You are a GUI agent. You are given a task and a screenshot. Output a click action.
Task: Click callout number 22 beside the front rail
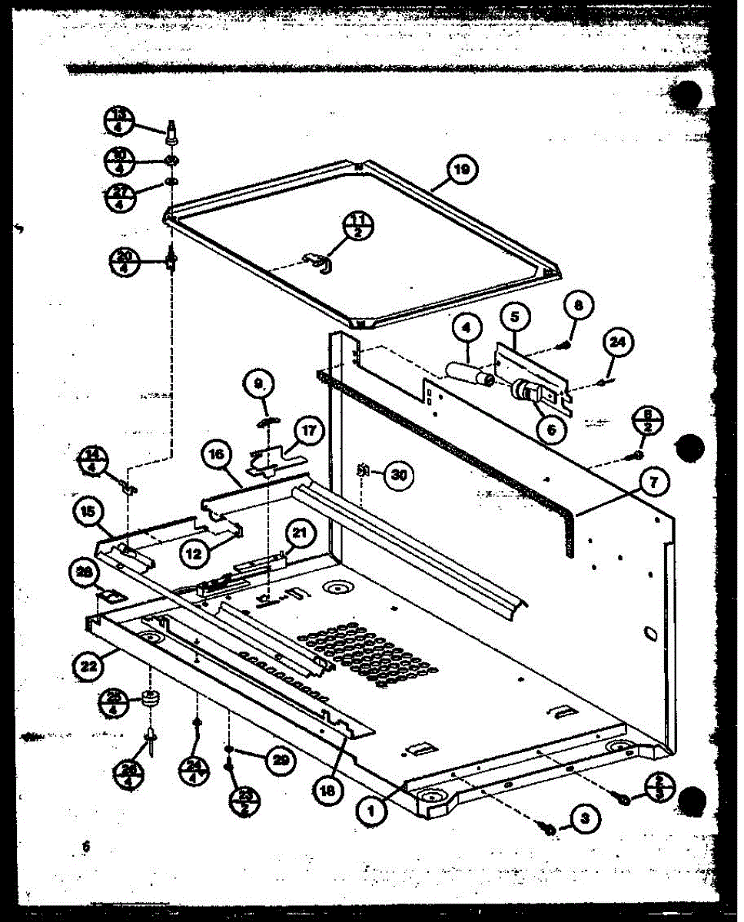pyautogui.click(x=89, y=666)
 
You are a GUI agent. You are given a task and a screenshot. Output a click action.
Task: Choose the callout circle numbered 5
pyautogui.click(x=514, y=316)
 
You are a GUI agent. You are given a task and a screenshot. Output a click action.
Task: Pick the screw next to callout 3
pyautogui.click(x=550, y=828)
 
